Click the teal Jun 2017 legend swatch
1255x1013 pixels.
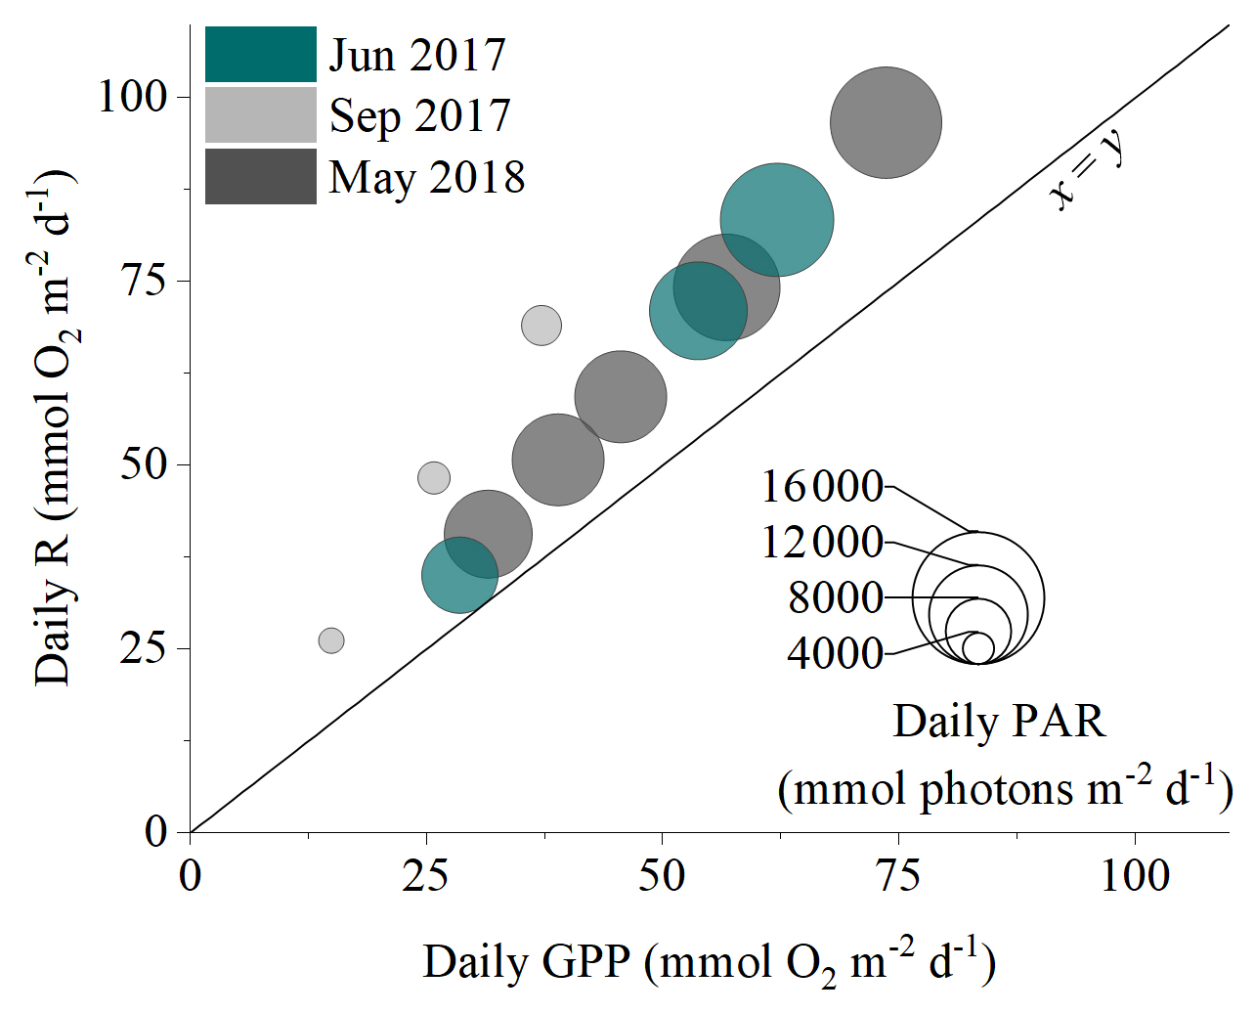(260, 54)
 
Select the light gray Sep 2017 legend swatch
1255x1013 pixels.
(260, 114)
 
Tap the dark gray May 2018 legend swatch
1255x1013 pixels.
(260, 176)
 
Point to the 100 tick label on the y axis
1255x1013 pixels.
(133, 96)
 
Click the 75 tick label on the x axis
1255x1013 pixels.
(898, 875)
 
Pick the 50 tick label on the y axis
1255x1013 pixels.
(144, 463)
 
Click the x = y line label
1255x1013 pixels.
(1087, 171)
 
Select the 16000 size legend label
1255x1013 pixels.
(822, 486)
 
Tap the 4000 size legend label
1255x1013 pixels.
(835, 652)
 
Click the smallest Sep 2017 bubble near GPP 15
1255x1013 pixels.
(331, 640)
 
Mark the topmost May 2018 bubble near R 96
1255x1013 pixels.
(886, 122)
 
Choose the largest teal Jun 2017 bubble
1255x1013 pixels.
(777, 220)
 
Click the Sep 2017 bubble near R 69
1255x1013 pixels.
(541, 326)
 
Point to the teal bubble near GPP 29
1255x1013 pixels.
(459, 575)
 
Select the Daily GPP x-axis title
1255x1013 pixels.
(709, 963)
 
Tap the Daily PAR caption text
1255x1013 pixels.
(999, 722)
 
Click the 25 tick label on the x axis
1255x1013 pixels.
(426, 875)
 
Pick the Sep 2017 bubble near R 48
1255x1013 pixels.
(434, 478)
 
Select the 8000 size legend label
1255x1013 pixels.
(836, 596)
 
